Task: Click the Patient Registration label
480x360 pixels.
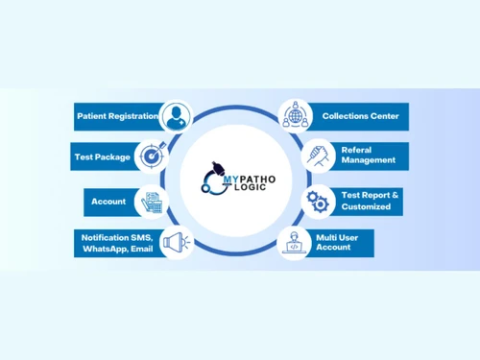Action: point(117,116)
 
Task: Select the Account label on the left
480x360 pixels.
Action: point(108,202)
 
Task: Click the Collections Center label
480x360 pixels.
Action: point(361,116)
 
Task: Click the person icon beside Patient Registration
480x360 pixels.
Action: point(175,117)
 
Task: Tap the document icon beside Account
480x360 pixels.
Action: point(153,202)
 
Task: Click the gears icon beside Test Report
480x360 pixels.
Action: point(318,200)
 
